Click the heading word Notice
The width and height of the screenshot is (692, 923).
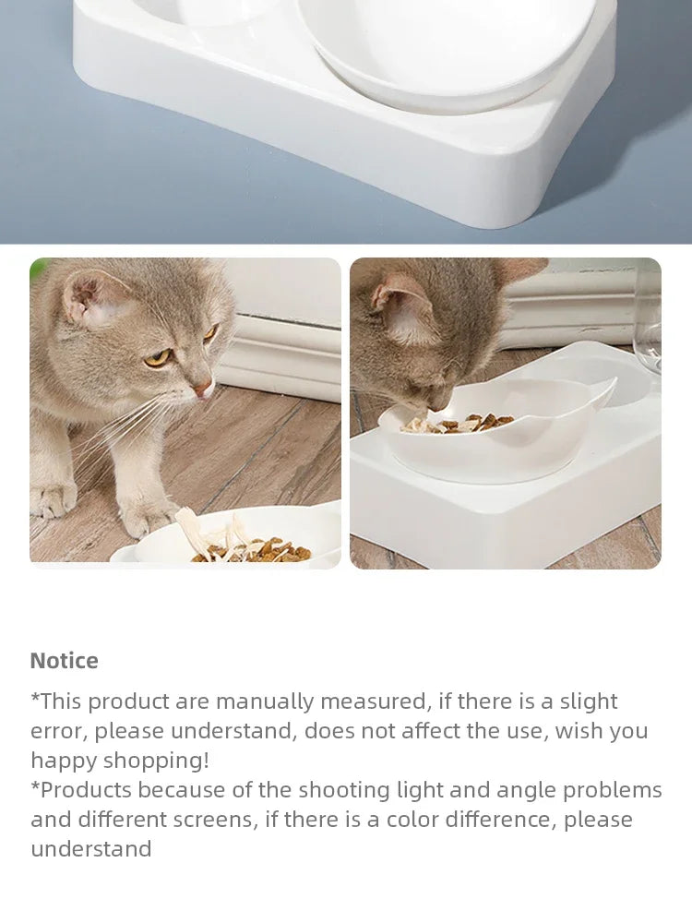64,661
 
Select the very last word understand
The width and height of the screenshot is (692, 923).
90,849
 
